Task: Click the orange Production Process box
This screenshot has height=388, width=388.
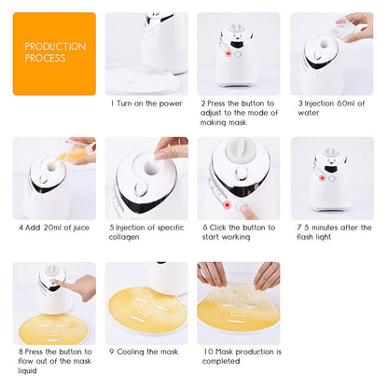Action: coord(53,53)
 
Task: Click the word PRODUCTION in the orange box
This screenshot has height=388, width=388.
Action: coord(55,46)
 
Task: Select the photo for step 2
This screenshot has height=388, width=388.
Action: coord(238,53)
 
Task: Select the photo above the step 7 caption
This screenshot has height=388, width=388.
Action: coord(332,178)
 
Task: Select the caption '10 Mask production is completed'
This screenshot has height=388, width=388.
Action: coord(237,355)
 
